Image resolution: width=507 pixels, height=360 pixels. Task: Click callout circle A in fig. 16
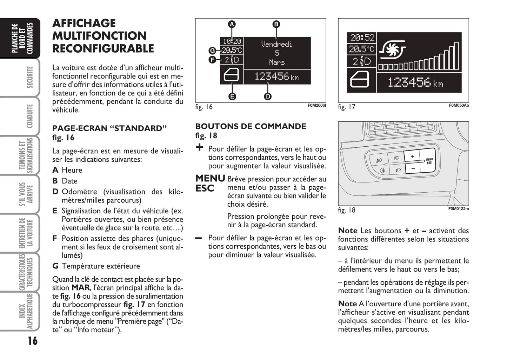232,24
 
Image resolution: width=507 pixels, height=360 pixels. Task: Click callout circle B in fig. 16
276,24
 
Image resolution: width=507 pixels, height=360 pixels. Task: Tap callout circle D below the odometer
268,97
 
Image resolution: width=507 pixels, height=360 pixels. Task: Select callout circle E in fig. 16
232,97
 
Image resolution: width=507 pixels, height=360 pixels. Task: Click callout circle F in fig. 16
212,60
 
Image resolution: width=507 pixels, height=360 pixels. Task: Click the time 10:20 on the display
232,41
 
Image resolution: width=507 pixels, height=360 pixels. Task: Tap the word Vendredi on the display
277,44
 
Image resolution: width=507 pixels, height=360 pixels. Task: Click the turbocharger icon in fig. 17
392,49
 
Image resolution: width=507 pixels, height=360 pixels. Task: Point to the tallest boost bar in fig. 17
456,56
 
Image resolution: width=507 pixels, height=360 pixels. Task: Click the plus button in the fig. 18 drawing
412,156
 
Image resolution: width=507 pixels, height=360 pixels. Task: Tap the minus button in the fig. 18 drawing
413,169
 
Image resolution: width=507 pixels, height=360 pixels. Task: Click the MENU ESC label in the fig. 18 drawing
429,161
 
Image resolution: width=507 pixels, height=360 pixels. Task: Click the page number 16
33,341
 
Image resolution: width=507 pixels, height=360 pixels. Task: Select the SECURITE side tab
30,77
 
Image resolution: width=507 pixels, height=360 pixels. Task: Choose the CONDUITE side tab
30,116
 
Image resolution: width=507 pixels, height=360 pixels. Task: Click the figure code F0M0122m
459,208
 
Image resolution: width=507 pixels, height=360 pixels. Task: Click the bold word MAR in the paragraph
80,288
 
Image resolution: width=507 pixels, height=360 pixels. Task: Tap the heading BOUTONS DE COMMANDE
251,126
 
